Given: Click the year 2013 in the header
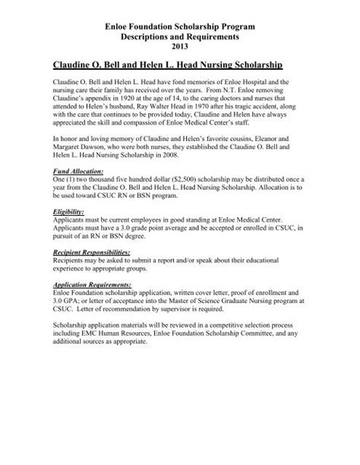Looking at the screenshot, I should coord(180,47).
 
